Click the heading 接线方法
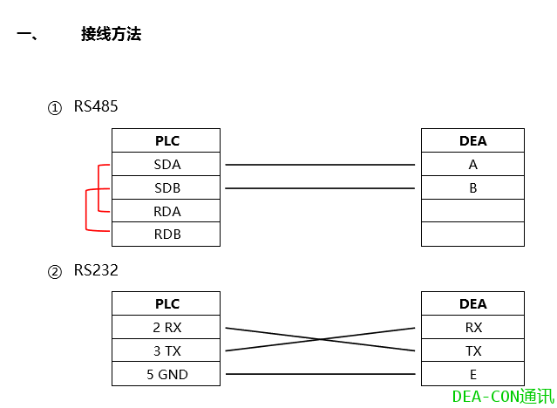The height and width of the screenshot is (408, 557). point(111,35)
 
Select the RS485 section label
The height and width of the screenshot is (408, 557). point(95,107)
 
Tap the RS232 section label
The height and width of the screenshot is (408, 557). point(95,271)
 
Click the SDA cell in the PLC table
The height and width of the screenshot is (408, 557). point(166,164)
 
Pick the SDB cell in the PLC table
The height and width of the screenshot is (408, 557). point(166,187)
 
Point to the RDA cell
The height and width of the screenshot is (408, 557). point(166,211)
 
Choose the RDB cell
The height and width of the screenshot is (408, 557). point(166,235)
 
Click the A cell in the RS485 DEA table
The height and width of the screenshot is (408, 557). point(472,164)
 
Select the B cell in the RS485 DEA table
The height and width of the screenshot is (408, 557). point(472,187)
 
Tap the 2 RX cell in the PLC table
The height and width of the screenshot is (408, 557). point(166,328)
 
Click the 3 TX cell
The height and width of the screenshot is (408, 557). point(166,351)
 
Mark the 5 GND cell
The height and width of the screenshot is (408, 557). point(166,375)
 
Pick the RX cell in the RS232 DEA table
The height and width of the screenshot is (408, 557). point(472,328)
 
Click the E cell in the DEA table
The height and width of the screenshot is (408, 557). point(472,375)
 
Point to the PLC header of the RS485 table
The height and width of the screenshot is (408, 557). point(166,140)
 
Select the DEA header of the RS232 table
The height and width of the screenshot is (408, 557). point(472,304)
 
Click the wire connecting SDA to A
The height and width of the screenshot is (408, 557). point(320,164)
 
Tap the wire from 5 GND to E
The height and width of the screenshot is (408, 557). point(320,375)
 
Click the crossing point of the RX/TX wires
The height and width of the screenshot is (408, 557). point(320,339)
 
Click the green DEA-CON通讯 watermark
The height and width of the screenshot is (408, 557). point(503,397)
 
